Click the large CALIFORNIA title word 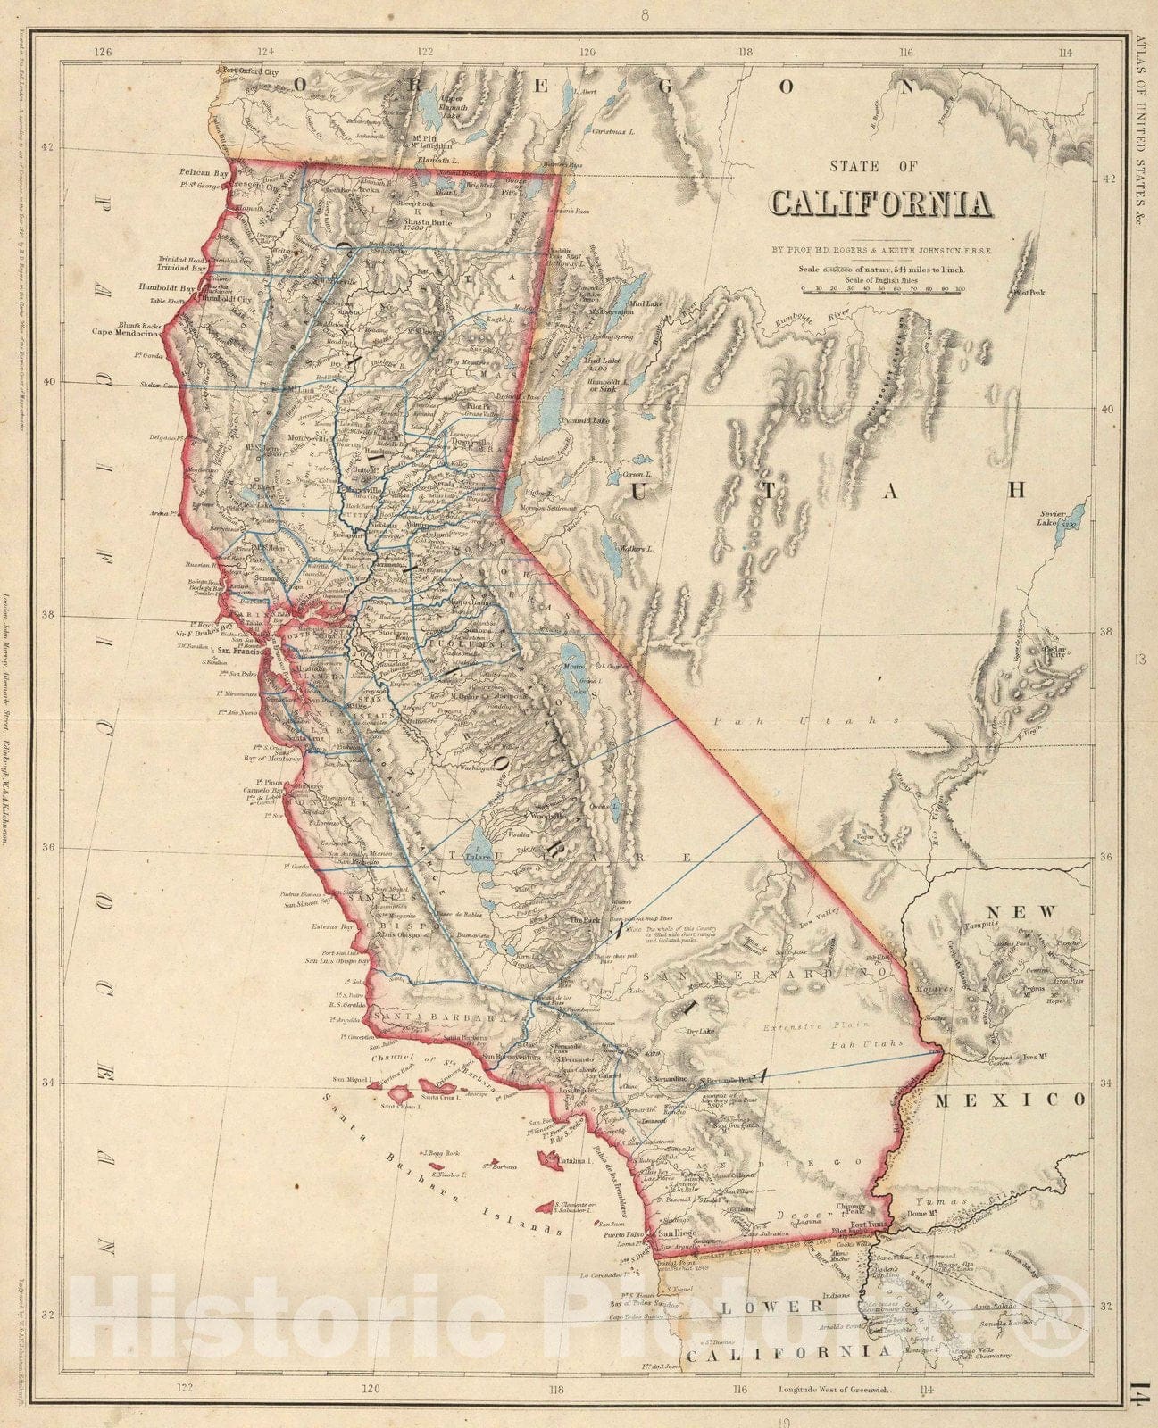[x=881, y=203]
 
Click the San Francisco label [x=231, y=651]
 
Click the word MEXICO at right [x=1010, y=1100]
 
